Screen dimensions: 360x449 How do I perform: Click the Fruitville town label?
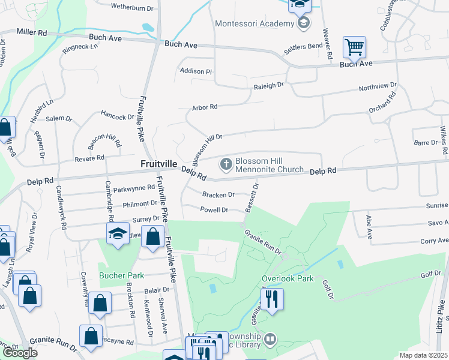click(x=158, y=163)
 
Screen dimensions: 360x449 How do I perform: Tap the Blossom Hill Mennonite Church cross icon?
click(x=226, y=163)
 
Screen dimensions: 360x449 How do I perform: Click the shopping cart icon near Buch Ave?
click(x=354, y=46)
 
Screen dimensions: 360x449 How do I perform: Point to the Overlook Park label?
click(x=288, y=279)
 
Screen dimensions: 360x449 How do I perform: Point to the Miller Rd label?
click(x=32, y=31)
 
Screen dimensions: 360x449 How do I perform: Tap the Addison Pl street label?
click(x=196, y=71)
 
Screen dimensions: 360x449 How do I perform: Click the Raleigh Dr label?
click(x=268, y=86)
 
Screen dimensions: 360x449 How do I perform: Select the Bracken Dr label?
click(x=218, y=195)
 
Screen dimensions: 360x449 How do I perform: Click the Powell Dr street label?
click(x=214, y=210)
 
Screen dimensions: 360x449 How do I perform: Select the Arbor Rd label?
click(x=204, y=107)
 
